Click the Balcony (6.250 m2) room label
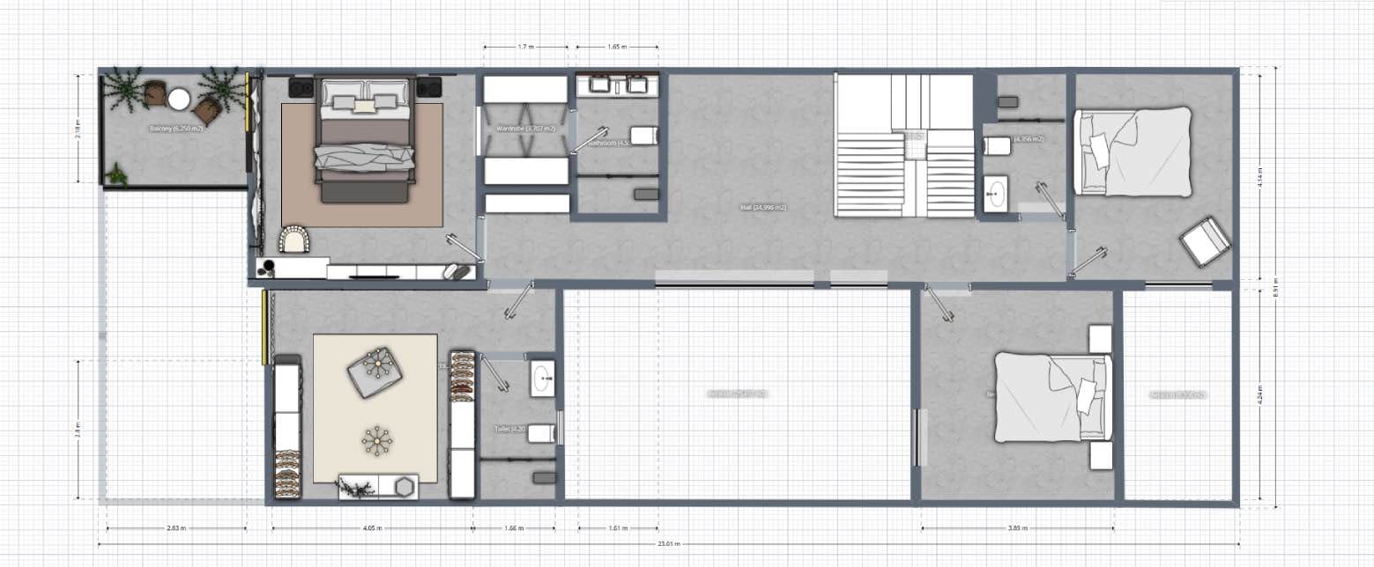click(x=176, y=129)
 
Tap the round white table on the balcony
click(x=179, y=99)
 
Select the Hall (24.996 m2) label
click(x=763, y=207)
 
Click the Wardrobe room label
click(x=525, y=129)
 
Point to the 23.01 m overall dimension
click(x=666, y=544)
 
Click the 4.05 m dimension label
click(x=371, y=529)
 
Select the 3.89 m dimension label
click(x=1019, y=529)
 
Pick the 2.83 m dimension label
click(x=176, y=529)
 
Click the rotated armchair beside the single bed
click(x=1205, y=240)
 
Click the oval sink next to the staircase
click(x=998, y=193)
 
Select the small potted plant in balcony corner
click(x=116, y=175)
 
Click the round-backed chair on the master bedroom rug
click(x=294, y=239)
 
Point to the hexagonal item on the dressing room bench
click(x=405, y=486)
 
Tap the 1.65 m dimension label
click(x=617, y=47)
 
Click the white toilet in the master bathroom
click(x=643, y=136)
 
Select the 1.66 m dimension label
click(x=514, y=529)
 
